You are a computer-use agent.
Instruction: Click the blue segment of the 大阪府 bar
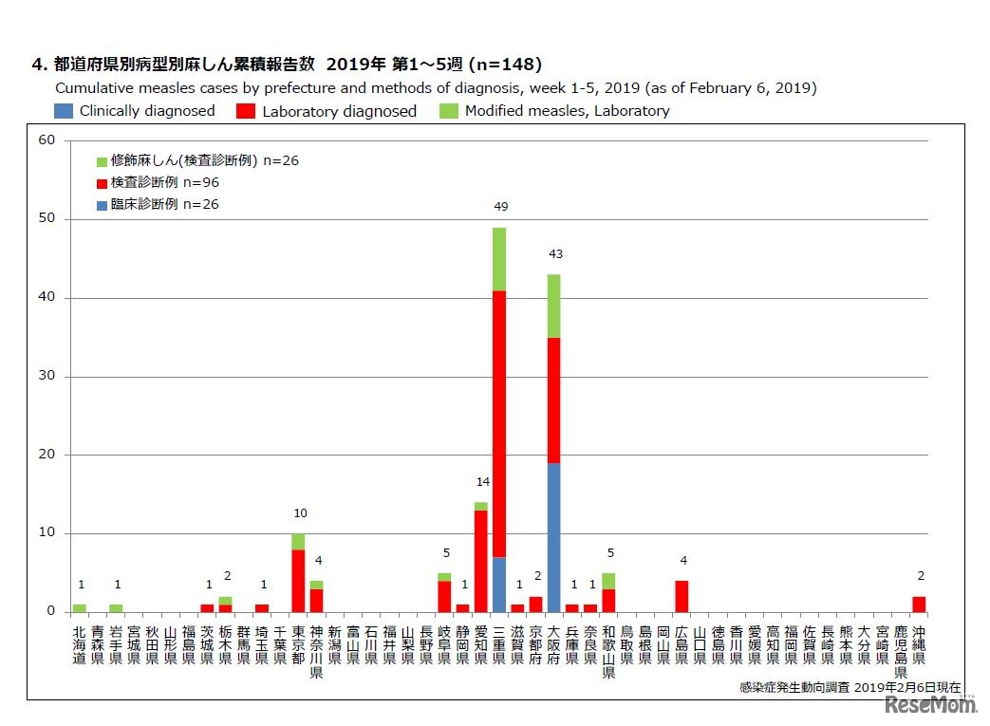553,537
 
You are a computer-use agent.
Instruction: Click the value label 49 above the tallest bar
500,207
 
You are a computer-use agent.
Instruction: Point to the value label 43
555,254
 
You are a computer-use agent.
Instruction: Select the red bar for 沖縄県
919,604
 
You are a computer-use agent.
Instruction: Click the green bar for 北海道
79,608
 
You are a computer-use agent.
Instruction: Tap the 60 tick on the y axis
47,140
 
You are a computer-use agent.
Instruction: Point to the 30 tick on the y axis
47,376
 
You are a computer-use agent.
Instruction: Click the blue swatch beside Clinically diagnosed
64,110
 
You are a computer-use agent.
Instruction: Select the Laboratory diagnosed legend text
339,111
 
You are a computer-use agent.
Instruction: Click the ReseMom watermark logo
931,704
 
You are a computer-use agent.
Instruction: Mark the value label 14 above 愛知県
482,482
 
